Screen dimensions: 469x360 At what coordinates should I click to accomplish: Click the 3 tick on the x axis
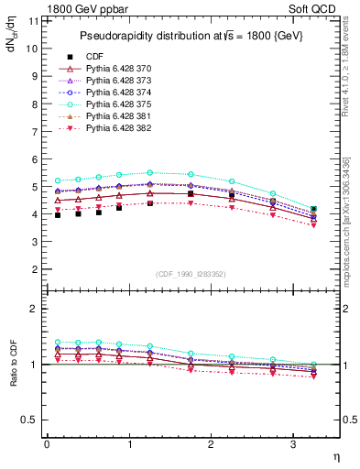[x=293, y=444]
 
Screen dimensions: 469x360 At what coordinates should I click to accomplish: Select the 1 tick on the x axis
[x=129, y=444]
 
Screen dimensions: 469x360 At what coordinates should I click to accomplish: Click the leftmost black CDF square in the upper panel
[x=58, y=215]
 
